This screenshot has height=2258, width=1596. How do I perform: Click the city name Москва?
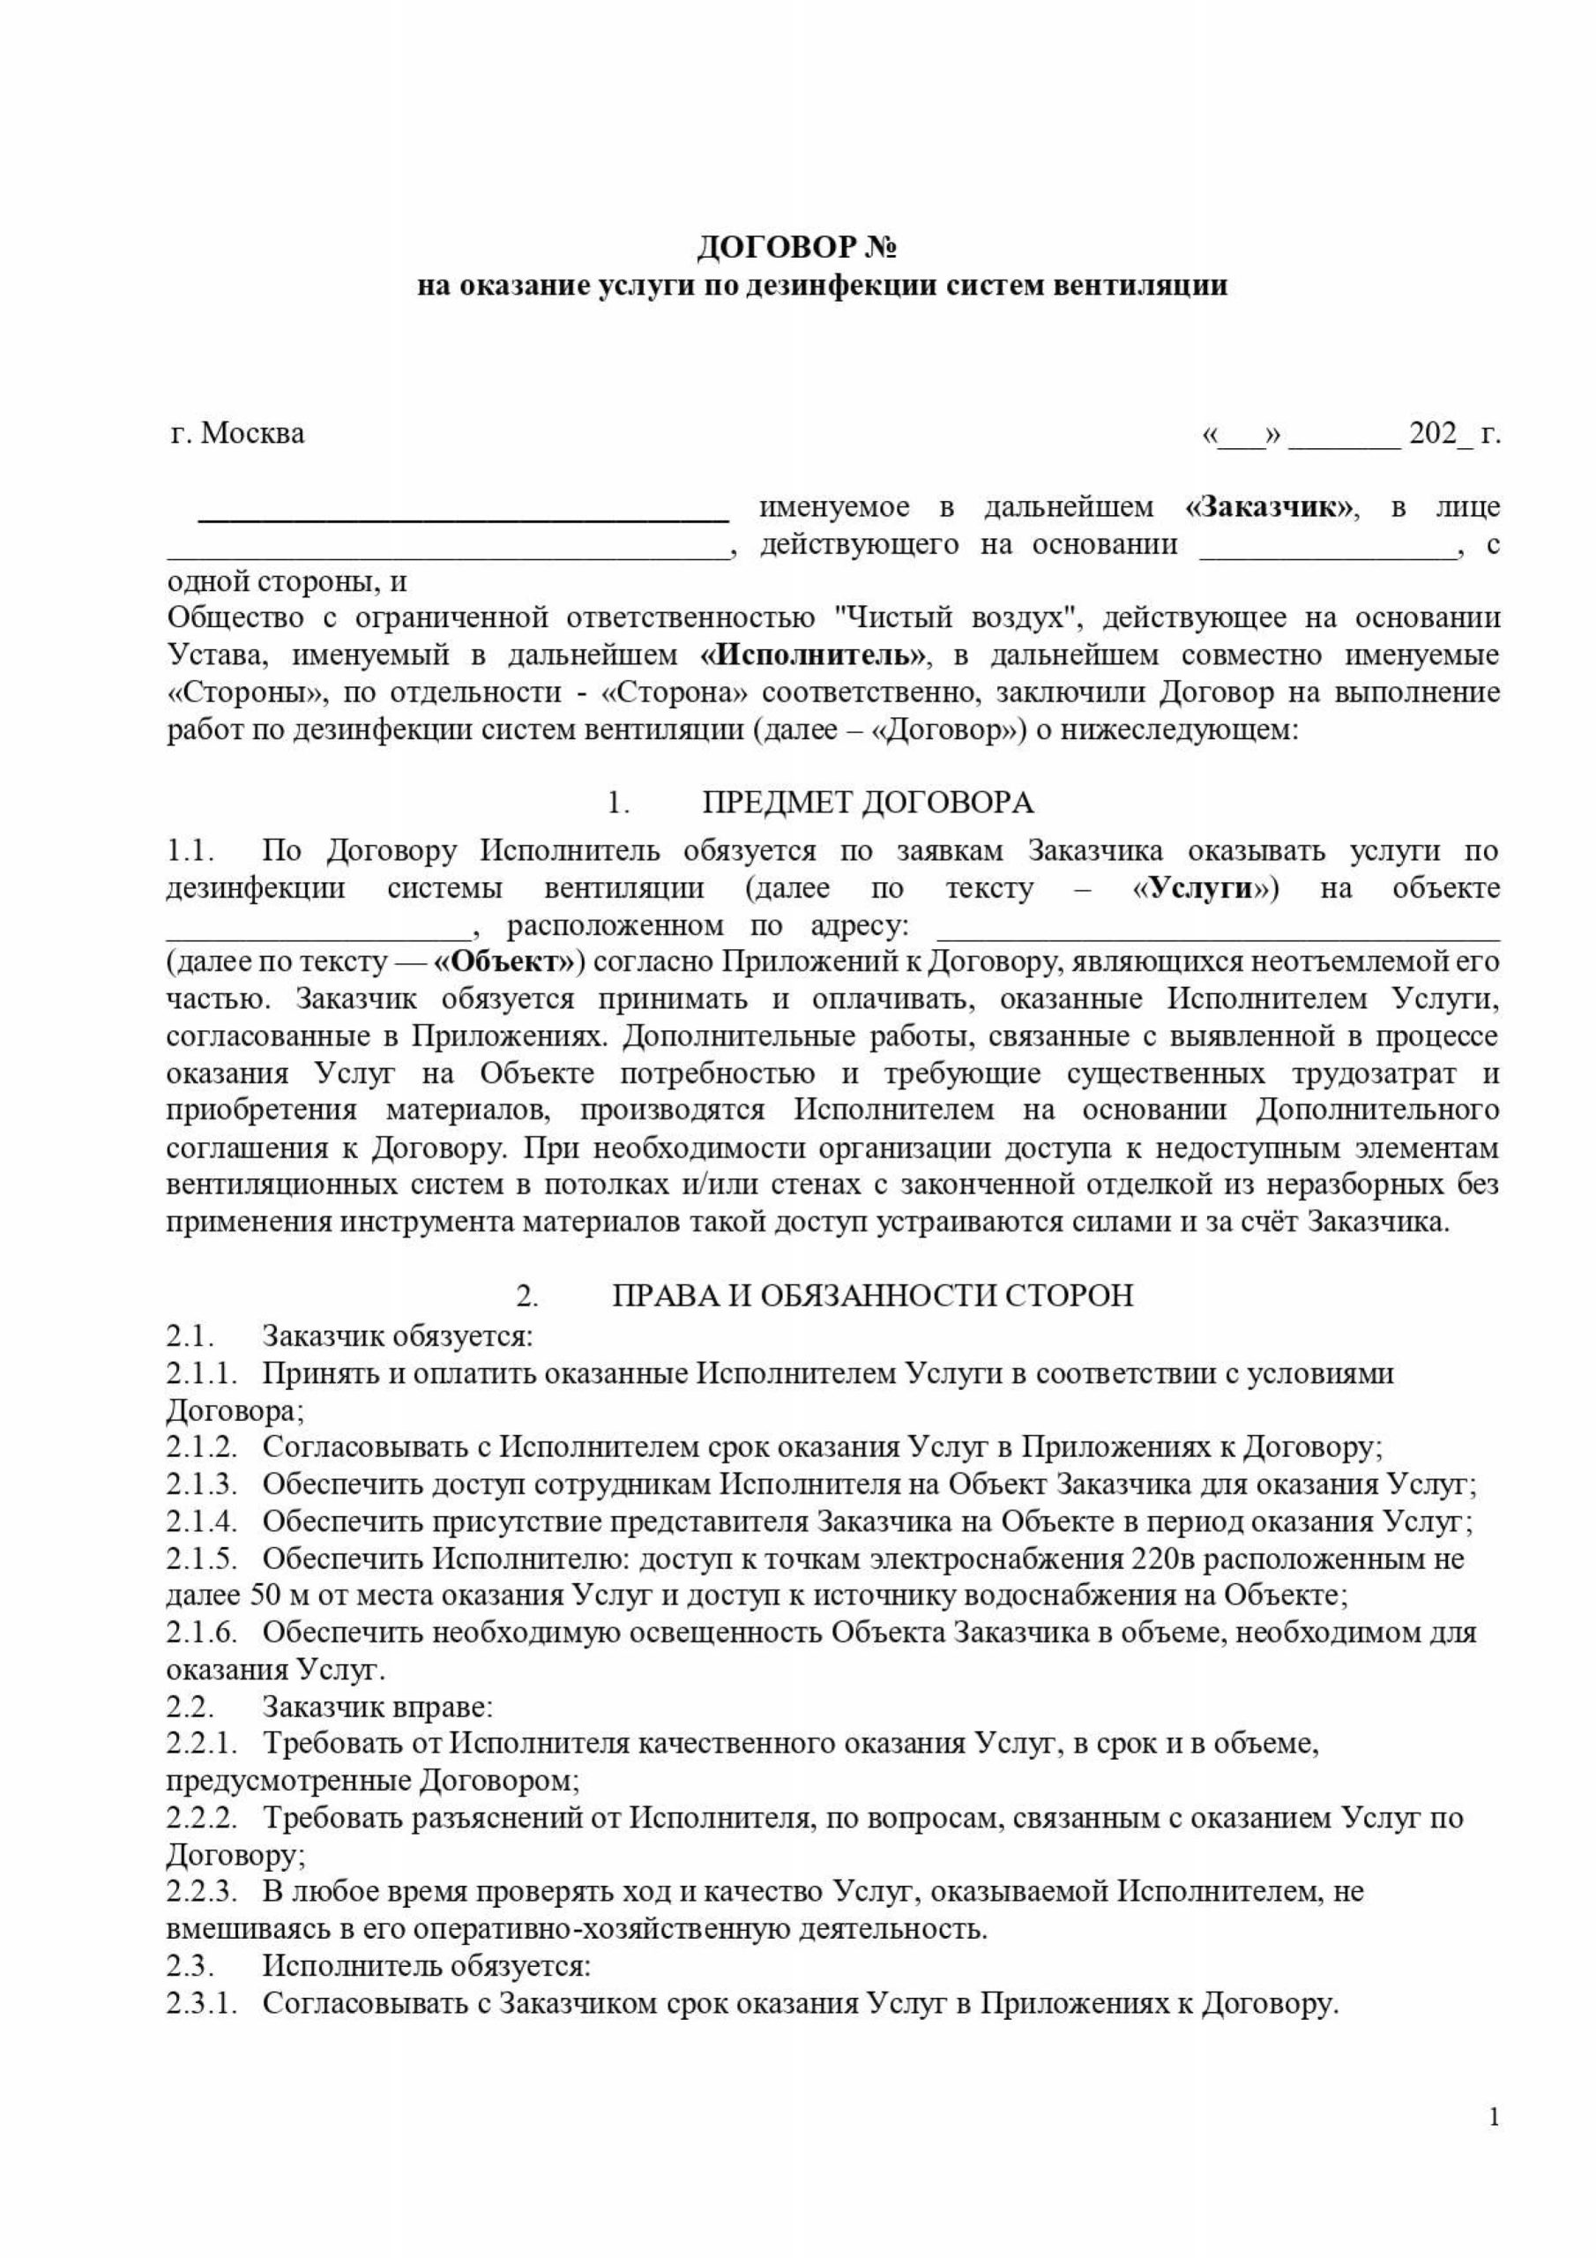click(x=253, y=433)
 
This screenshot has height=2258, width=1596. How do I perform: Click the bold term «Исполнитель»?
click(x=813, y=655)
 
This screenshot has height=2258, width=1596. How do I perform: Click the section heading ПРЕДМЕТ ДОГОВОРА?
click(x=868, y=803)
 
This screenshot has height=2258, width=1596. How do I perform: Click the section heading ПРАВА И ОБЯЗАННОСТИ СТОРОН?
click(x=872, y=1295)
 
